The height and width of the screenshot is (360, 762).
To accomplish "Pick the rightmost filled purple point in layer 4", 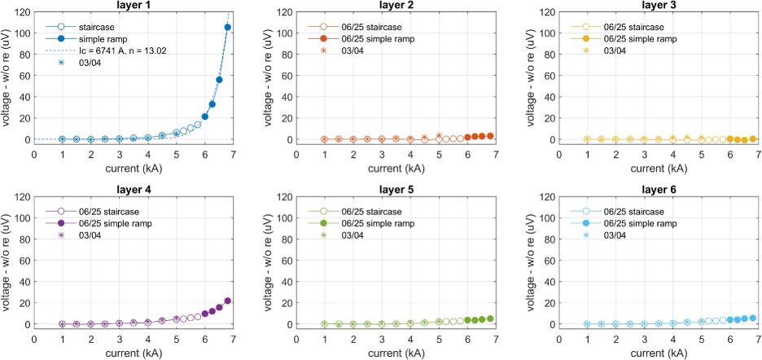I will click(227, 301).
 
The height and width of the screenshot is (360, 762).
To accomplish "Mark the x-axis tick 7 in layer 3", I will click(758, 154).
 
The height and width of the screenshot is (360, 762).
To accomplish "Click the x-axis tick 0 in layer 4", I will click(35, 339).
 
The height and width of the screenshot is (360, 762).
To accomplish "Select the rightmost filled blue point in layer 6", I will click(752, 318).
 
